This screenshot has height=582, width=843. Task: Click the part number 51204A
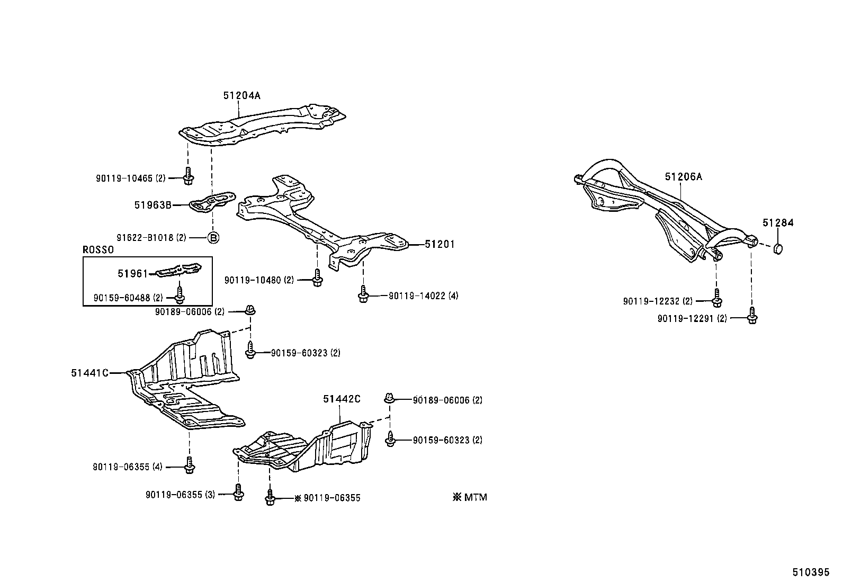241,96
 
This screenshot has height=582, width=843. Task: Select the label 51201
440,245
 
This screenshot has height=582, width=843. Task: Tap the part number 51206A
683,177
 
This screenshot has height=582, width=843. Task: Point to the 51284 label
778,223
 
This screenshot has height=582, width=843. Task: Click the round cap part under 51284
778,248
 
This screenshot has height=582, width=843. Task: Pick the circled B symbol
212,238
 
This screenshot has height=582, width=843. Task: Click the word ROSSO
98,250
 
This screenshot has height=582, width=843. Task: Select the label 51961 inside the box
132,273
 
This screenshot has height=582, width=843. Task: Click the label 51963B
153,205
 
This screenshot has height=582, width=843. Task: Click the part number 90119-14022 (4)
423,296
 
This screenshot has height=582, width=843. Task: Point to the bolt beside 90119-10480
317,278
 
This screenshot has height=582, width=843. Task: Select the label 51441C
89,373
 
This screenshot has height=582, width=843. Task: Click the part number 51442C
342,399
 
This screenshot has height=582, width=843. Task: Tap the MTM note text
470,497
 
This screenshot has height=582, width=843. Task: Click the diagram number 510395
810,572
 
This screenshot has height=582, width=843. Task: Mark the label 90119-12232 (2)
658,301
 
